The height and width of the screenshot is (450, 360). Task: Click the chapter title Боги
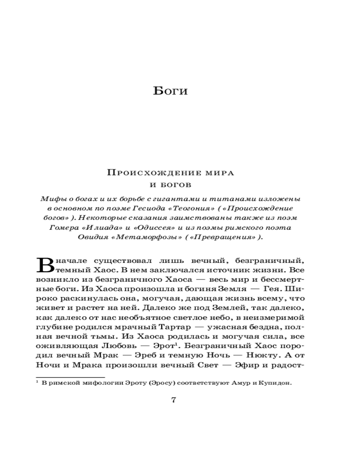(x=171, y=91)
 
